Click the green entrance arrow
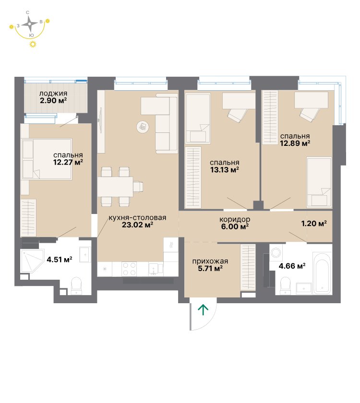tap(203, 309)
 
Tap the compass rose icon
tap(30, 24)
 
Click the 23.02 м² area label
tap(138, 225)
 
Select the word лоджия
tap(53, 94)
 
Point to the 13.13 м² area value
tap(225, 170)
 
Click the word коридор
tap(235, 220)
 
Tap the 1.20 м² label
tap(314, 224)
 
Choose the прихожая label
tap(210, 261)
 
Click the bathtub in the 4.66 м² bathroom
tap(322, 273)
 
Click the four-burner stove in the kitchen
tap(129, 269)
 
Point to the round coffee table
tap(143, 127)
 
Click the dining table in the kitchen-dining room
tap(115, 187)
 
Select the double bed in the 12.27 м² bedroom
tap(47, 159)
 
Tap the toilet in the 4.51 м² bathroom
tap(76, 285)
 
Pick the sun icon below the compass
tap(33, 44)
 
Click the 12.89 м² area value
tap(295, 143)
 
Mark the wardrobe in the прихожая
tap(248, 268)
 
